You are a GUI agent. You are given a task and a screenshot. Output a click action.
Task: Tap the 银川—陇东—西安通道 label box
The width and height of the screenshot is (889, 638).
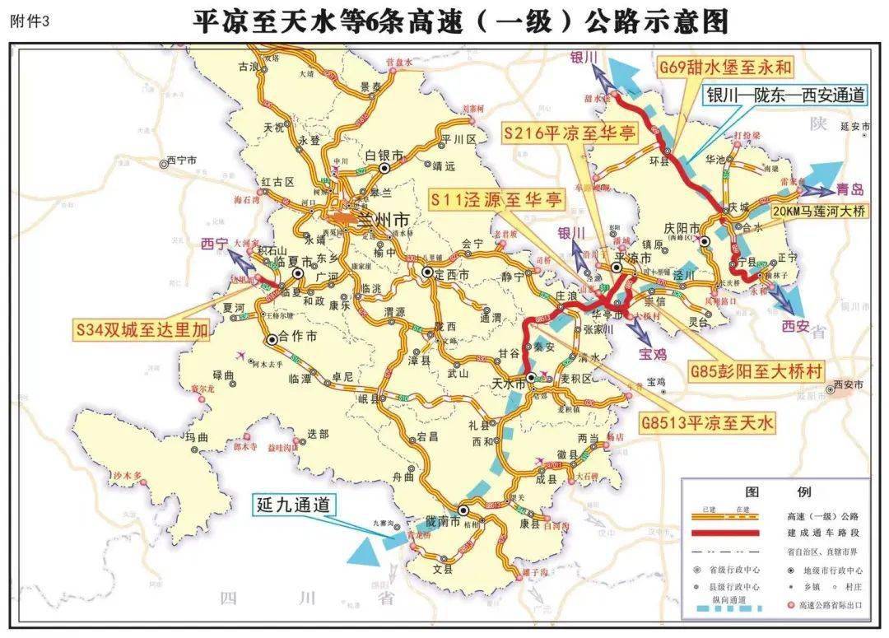tap(784, 95)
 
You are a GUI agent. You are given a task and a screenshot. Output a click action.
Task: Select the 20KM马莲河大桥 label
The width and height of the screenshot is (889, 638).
tap(819, 211)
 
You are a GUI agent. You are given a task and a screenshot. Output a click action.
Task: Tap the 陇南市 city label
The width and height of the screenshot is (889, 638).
tap(442, 520)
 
